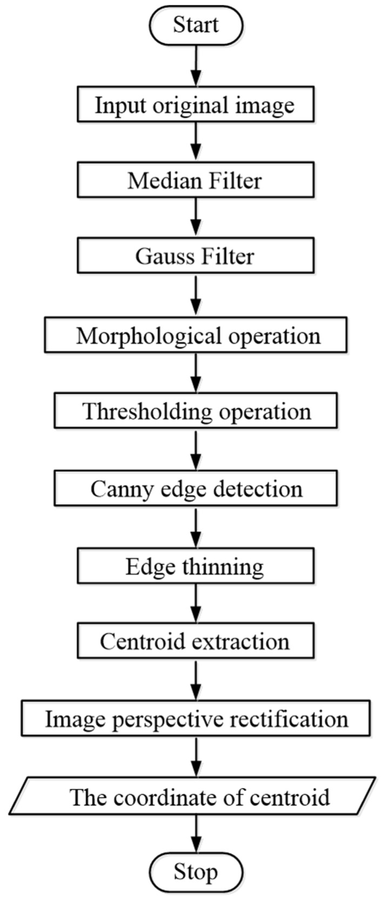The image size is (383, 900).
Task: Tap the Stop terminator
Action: (196, 872)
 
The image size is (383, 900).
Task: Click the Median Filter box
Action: (196, 180)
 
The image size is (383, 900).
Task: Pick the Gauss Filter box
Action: (196, 256)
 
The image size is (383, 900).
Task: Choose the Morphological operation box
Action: (196, 336)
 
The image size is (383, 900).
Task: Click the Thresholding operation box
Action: (196, 412)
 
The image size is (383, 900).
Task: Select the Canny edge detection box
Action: (196, 489)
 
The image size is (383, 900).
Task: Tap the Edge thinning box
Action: (196, 566)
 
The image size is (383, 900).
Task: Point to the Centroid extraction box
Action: (196, 641)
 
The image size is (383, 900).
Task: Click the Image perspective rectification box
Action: (196, 719)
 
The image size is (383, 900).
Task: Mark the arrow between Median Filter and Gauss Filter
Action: (196, 218)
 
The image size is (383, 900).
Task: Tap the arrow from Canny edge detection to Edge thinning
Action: (196, 528)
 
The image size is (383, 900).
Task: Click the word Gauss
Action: (164, 256)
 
